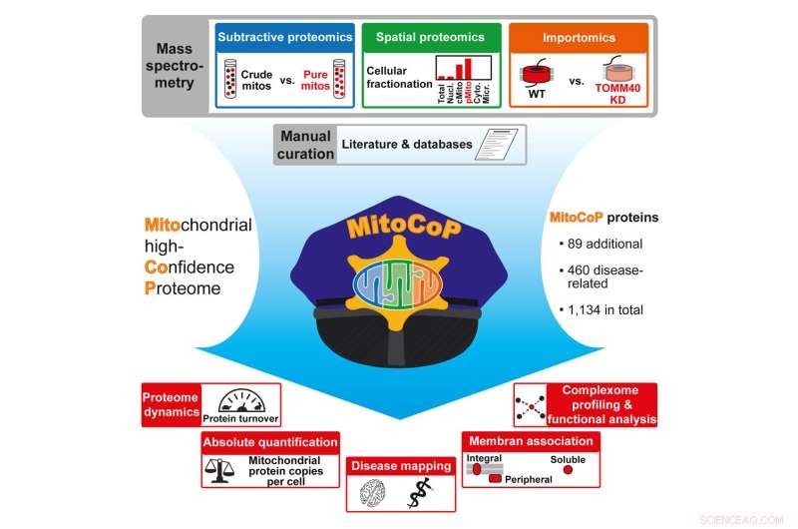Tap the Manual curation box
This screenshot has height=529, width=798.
(x=304, y=144)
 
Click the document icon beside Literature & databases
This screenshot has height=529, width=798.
(x=499, y=145)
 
